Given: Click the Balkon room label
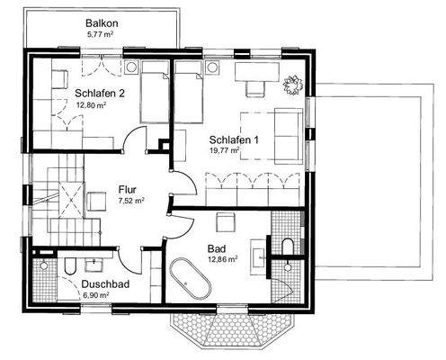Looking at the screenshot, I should click(x=103, y=22).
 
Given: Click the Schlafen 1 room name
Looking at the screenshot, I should click(x=234, y=139).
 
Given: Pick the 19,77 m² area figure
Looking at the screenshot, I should click(x=225, y=151).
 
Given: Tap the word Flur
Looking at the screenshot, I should click(x=128, y=190).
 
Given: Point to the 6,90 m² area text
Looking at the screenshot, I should click(x=94, y=294).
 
